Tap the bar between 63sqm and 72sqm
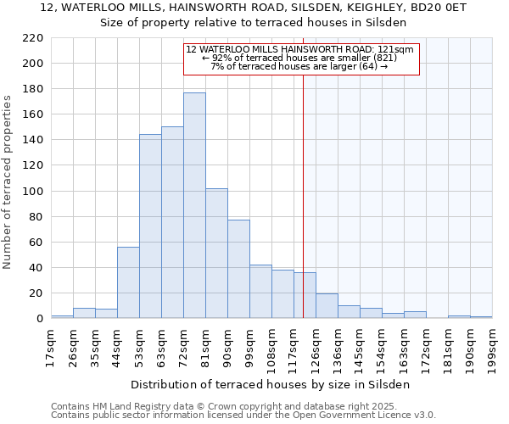tap(172, 223)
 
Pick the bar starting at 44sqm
tap(128, 282)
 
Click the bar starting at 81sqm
tap(216, 254)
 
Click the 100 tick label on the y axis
tap(35, 192)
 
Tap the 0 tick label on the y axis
tap(40, 319)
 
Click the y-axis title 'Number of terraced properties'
tap(8, 182)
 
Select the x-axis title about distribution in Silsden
tap(271, 384)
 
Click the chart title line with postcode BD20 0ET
tap(254, 8)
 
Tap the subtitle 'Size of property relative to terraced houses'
tap(254, 22)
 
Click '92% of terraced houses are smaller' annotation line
tap(299, 58)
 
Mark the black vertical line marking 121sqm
tap(303, 195)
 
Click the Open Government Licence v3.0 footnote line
tap(243, 415)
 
